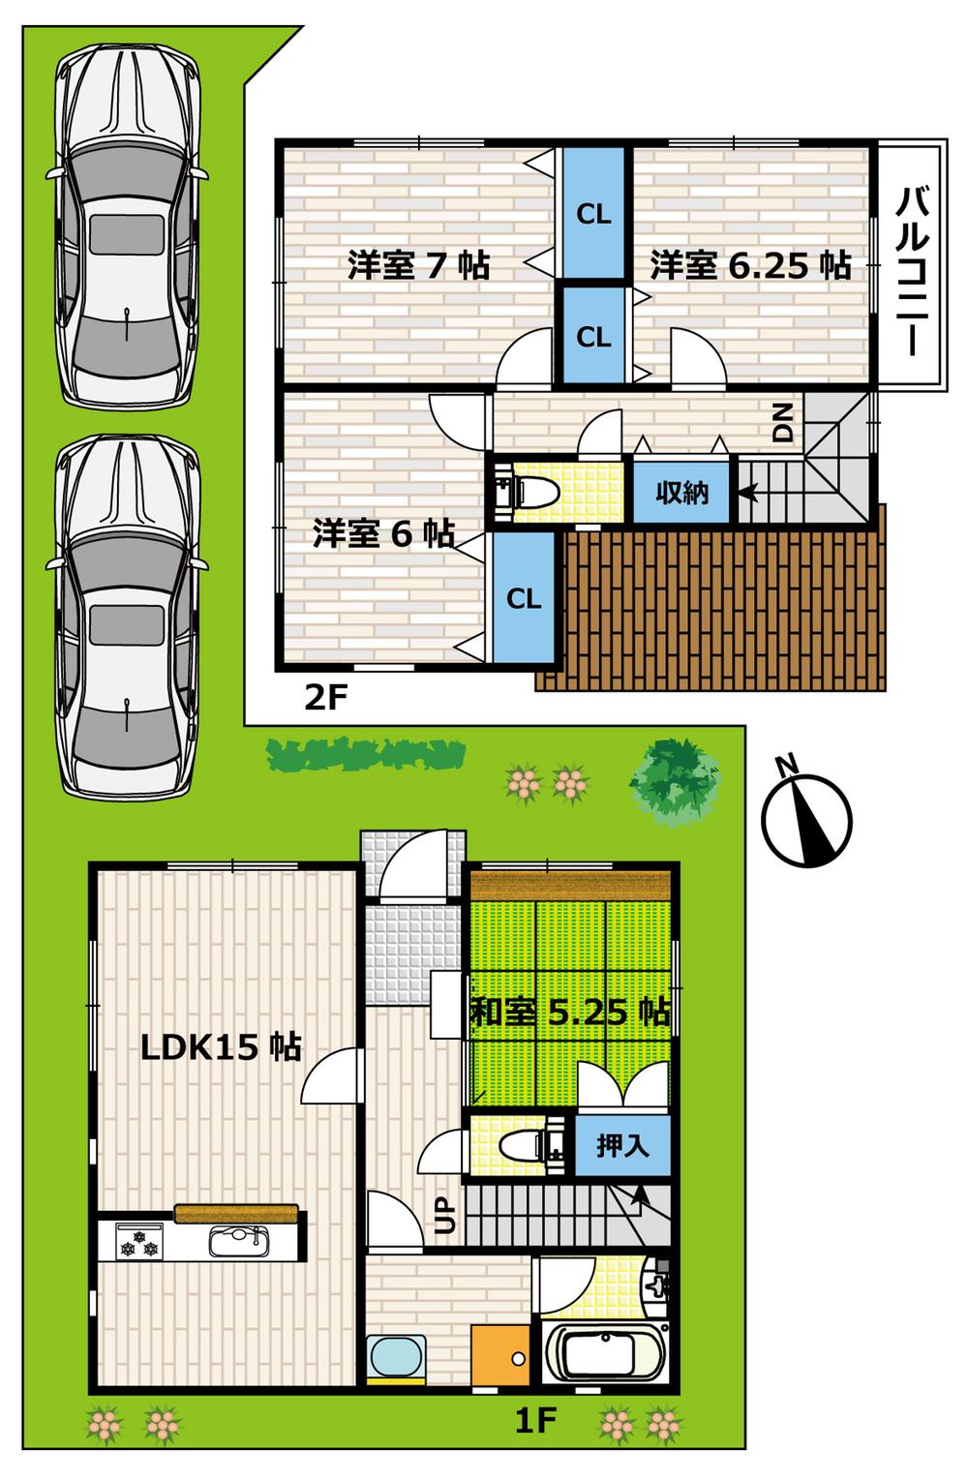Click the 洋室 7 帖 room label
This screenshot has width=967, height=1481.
click(x=418, y=264)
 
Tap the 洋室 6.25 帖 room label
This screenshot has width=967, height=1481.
click(x=750, y=264)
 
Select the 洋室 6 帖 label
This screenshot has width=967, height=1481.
click(x=383, y=532)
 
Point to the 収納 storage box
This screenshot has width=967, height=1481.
click(x=682, y=493)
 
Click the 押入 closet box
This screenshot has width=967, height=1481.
click(x=621, y=1146)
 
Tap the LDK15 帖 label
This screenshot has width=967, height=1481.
click(x=221, y=1046)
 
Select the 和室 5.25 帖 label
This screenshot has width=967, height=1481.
click(x=570, y=1013)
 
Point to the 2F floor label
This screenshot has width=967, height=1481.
click(x=325, y=697)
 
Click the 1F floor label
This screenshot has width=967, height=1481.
click(x=534, y=1420)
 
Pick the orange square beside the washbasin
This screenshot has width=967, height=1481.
click(x=500, y=1356)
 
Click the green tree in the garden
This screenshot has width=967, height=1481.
click(x=675, y=780)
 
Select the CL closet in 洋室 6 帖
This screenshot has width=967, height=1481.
click(x=524, y=598)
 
